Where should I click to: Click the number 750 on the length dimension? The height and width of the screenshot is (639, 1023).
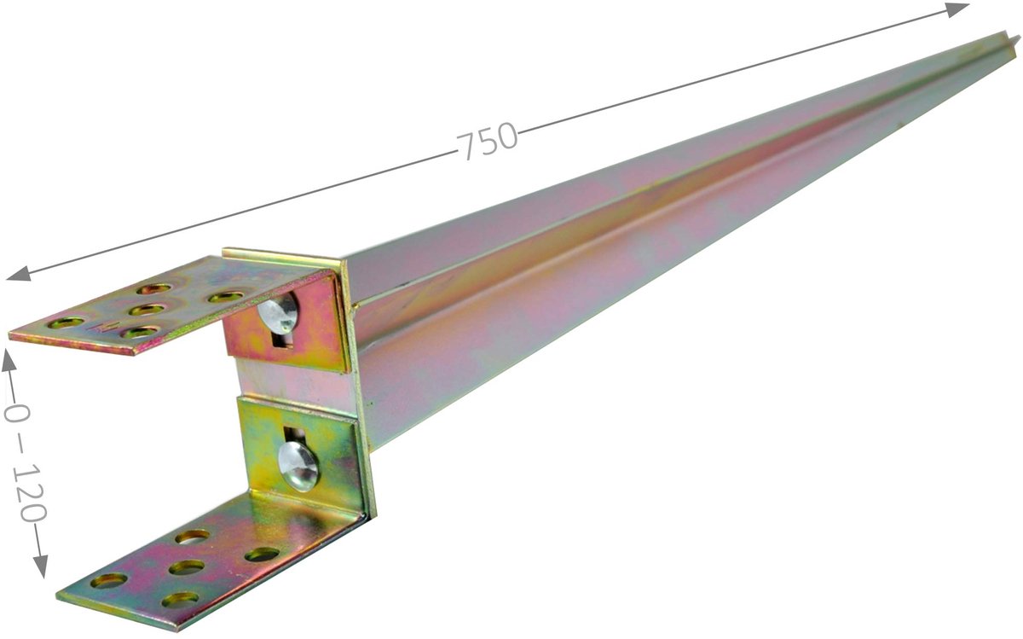click(488, 140)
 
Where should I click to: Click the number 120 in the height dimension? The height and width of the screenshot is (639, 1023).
click(29, 493)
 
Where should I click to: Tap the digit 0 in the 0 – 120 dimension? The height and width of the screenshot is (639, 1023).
click(15, 413)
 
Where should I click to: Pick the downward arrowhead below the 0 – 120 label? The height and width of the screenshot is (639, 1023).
click(41, 566)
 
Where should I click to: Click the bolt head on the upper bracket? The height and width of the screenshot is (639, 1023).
click(278, 313)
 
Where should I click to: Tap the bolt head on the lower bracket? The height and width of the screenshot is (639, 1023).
click(298, 466)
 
